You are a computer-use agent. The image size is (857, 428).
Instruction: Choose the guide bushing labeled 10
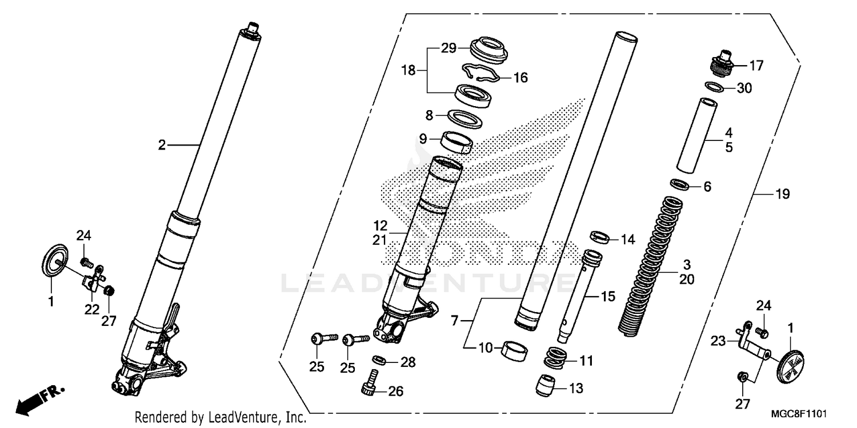tap(514, 349)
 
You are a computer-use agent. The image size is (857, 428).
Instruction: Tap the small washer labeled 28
tap(378, 360)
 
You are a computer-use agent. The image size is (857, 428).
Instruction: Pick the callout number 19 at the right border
tap(782, 195)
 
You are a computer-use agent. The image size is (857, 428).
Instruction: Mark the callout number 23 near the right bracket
tap(718, 341)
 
